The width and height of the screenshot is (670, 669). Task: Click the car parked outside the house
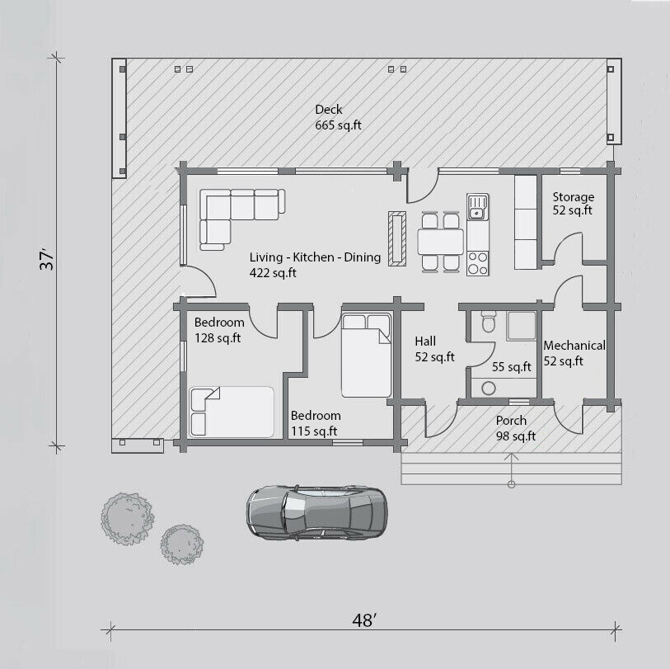[x=317, y=512]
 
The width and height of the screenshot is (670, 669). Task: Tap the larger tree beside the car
[x=128, y=518]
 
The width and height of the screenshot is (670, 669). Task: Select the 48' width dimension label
[x=364, y=620]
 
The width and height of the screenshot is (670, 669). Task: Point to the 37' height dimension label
[x=47, y=258]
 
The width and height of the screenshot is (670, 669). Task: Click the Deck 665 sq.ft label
[x=338, y=117]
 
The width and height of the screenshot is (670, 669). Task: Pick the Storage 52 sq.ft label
[x=573, y=204]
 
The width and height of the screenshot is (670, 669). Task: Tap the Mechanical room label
[x=574, y=353]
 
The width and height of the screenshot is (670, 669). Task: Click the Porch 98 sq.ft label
[x=516, y=428]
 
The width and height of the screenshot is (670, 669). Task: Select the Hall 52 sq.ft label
[x=434, y=349]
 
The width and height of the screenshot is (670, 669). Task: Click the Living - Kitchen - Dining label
[x=315, y=265]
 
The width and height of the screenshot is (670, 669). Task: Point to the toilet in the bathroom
[x=489, y=321]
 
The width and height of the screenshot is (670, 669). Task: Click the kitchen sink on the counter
[x=477, y=207]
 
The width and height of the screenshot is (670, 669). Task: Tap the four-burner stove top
[x=478, y=263]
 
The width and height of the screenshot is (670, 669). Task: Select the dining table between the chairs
[x=441, y=242]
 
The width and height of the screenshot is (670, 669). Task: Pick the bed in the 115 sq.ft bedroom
[x=366, y=355]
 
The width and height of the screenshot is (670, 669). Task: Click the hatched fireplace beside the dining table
[x=397, y=238]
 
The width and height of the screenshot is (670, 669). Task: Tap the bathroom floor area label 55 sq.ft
[x=512, y=367]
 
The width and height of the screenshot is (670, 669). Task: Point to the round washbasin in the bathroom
[x=489, y=388]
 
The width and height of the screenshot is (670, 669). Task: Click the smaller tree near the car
[x=182, y=544]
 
